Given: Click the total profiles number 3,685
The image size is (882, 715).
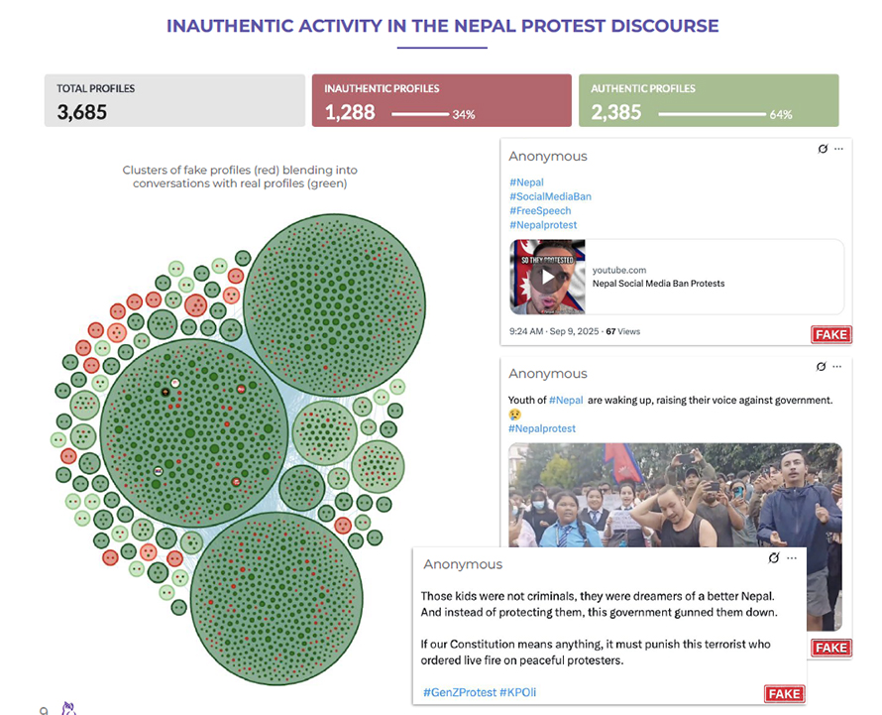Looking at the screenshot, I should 82,112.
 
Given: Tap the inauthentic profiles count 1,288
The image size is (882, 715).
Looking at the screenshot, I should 350,112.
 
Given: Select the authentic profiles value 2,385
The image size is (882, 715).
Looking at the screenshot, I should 616,112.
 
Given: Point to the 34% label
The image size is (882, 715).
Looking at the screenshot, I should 464,115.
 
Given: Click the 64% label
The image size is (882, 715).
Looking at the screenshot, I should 780,115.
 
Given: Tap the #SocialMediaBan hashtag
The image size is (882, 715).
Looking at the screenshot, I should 550,196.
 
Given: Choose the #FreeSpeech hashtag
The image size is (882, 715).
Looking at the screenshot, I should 540,210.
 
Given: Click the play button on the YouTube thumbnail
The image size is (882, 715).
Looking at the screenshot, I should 545,277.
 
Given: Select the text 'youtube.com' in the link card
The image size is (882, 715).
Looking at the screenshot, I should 619,270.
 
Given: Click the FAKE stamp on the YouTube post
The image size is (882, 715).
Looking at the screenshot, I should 830,334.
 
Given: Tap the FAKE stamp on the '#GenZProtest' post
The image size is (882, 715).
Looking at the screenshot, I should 784,693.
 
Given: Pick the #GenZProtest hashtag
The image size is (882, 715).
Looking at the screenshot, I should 459,691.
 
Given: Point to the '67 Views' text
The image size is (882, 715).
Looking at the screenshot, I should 622,331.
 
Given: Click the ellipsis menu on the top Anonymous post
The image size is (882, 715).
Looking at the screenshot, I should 838,149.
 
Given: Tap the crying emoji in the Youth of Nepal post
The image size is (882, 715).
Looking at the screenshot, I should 515,414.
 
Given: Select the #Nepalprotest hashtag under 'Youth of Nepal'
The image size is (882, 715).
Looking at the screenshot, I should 542,428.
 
